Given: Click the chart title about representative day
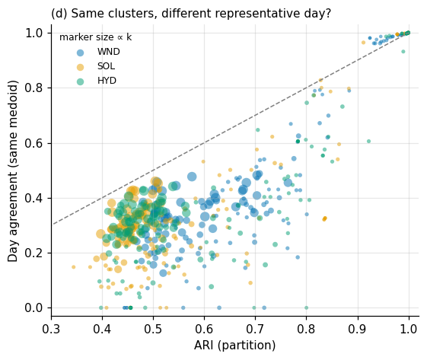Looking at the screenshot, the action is click(191, 13).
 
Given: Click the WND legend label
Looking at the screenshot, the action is click(108, 52).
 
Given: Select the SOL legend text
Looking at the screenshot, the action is click(106, 66).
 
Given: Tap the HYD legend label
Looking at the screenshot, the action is click(107, 81).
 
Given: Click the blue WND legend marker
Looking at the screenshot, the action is click(80, 53).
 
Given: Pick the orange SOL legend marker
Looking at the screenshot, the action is click(80, 67).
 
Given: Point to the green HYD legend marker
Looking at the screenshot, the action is click(80, 81).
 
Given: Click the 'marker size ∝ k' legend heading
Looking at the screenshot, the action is click(95, 37).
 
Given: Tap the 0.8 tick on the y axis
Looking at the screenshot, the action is click(33, 88).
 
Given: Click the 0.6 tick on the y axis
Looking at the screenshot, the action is click(33, 143).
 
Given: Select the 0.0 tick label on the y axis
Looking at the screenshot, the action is click(33, 307).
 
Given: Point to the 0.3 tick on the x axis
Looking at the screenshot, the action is click(51, 329).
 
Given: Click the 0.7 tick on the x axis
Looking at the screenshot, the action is click(256, 329).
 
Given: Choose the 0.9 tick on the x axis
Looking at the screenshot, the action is click(358, 329).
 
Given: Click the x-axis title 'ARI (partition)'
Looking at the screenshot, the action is click(234, 346).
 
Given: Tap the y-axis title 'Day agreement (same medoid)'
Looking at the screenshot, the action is click(12, 171).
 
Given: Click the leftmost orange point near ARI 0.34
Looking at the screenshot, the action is click(74, 267).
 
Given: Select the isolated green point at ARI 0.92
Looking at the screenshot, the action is click(368, 142).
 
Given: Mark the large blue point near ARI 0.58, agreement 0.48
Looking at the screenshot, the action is click(192, 177).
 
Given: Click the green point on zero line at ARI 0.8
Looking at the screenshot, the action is click(307, 307).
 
